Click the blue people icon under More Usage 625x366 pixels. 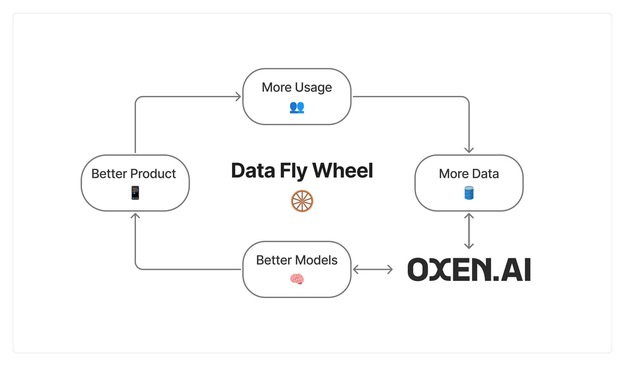[297, 107]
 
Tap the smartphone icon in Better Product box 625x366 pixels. [135, 193]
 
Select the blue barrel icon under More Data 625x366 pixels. [469, 193]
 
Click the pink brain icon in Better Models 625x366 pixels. [297, 279]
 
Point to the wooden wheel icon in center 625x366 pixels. [302, 201]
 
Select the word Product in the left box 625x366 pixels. [153, 174]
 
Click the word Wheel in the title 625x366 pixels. [342, 171]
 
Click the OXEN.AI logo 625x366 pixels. [469, 270]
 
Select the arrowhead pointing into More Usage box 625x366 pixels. [238, 97]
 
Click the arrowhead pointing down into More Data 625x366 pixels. [469, 150]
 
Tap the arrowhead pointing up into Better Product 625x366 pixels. [135, 216]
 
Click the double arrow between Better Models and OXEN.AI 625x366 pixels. [373, 269]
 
